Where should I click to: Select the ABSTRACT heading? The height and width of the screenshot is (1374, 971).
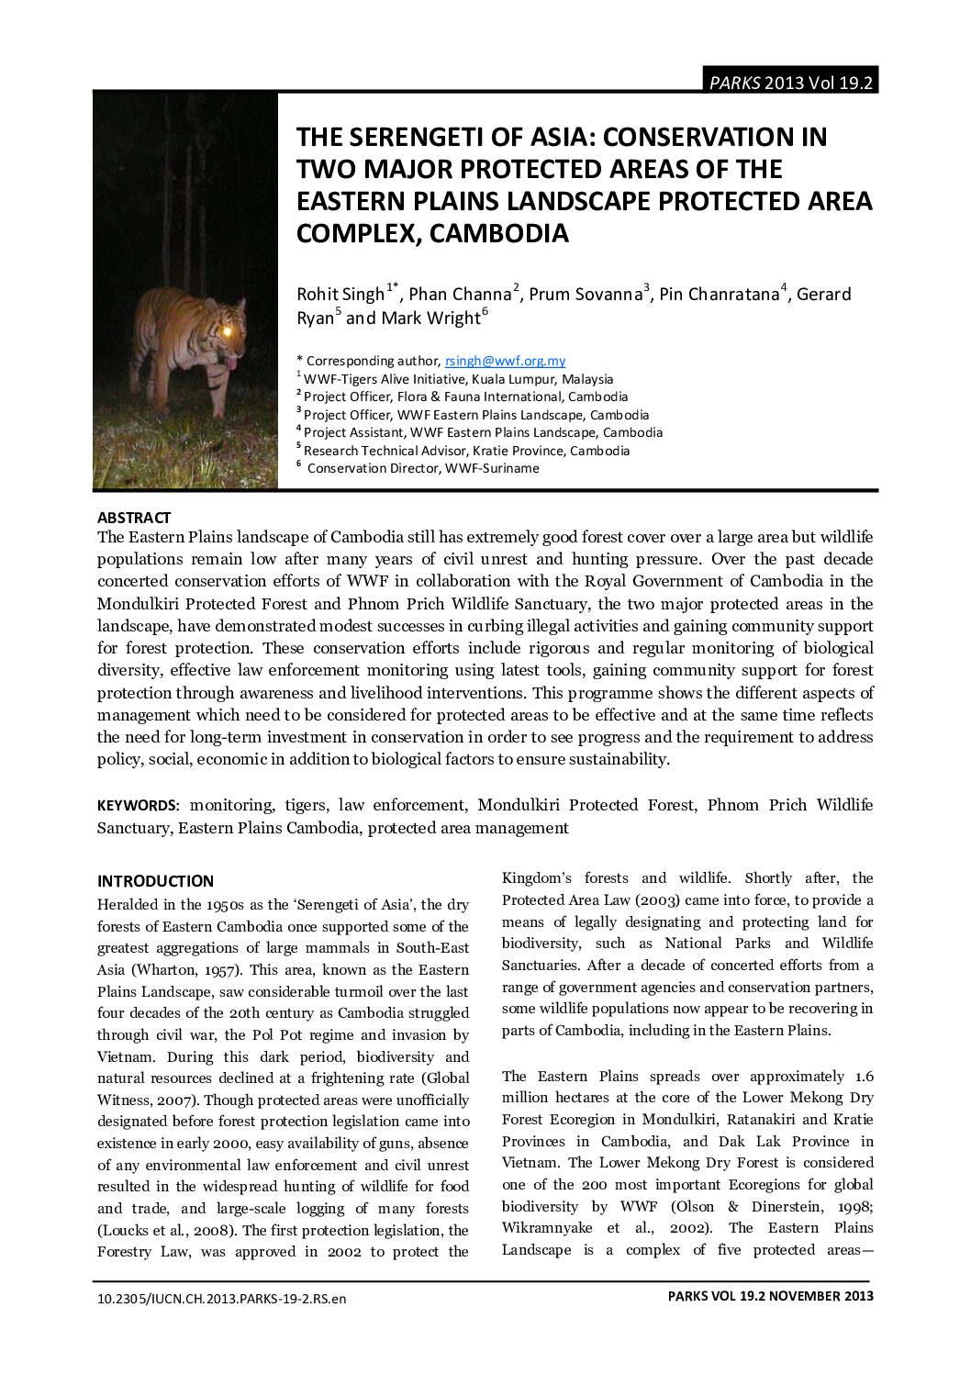[x=134, y=518]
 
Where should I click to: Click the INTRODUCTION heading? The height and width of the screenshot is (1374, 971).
[x=155, y=881]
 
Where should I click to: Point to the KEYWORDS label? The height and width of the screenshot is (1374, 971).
[x=138, y=806]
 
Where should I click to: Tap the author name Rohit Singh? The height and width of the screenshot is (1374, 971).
[x=340, y=295]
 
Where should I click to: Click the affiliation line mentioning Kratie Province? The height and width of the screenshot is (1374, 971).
[x=466, y=451]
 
